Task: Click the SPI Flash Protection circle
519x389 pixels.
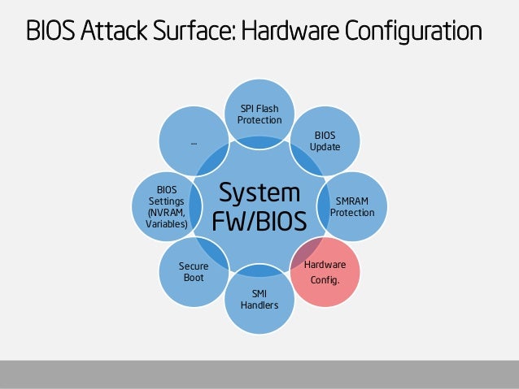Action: click(259, 115)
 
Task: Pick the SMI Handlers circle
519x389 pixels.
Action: click(259, 300)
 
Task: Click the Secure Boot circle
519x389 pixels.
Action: click(194, 271)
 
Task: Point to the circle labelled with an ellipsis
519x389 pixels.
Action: click(194, 143)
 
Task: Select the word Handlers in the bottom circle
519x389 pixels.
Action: click(259, 305)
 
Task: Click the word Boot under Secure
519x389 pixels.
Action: click(194, 277)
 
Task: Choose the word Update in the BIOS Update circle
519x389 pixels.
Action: click(325, 146)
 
